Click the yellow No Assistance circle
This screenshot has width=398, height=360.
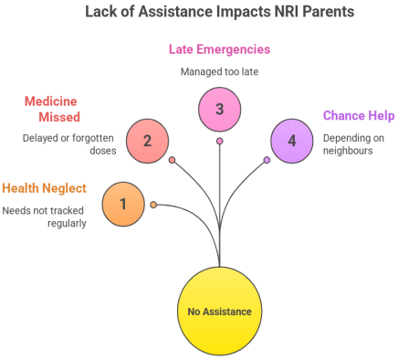pyautogui.click(x=219, y=312)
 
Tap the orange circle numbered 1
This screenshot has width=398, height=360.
pyautogui.click(x=123, y=204)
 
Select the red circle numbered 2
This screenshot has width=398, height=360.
pyautogui.click(x=148, y=141)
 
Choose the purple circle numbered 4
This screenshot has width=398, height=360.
pyautogui.click(x=292, y=141)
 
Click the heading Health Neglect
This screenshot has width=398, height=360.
pyautogui.click(x=44, y=188)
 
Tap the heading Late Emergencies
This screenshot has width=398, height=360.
pyautogui.click(x=219, y=48)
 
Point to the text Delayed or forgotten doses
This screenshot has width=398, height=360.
pyautogui.click(x=68, y=143)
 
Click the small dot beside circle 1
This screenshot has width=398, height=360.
pyautogui.click(x=153, y=205)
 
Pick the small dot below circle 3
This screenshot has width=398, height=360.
pyautogui.click(x=219, y=141)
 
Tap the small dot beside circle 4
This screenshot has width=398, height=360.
pyautogui.click(x=267, y=160)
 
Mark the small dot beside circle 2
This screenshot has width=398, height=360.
pyautogui.click(x=172, y=160)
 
